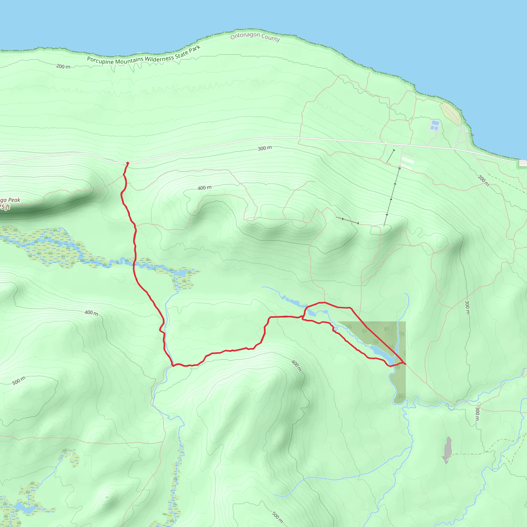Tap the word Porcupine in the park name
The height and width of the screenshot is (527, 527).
tap(100, 60)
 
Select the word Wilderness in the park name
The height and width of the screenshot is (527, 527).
tap(159, 58)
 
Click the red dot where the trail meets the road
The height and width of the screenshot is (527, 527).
tap(127, 163)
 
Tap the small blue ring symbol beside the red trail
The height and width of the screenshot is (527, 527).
tap(336, 329)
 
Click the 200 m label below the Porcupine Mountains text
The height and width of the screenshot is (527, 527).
tap(63, 66)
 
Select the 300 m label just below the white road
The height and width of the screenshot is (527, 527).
tap(265, 148)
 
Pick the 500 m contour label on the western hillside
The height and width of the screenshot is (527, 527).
tap(19, 380)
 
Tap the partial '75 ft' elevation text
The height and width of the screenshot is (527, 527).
tap(5, 207)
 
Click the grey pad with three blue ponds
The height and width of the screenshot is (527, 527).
tap(435, 125)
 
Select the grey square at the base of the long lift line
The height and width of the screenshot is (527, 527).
tap(400, 168)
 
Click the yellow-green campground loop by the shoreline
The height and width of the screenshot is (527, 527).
tap(450, 113)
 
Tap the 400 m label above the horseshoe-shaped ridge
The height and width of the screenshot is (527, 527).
tap(204, 188)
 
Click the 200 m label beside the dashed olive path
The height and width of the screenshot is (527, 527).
tap(483, 180)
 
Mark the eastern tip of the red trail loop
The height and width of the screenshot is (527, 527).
tap(405, 364)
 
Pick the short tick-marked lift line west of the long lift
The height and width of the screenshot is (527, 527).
tap(347, 221)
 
